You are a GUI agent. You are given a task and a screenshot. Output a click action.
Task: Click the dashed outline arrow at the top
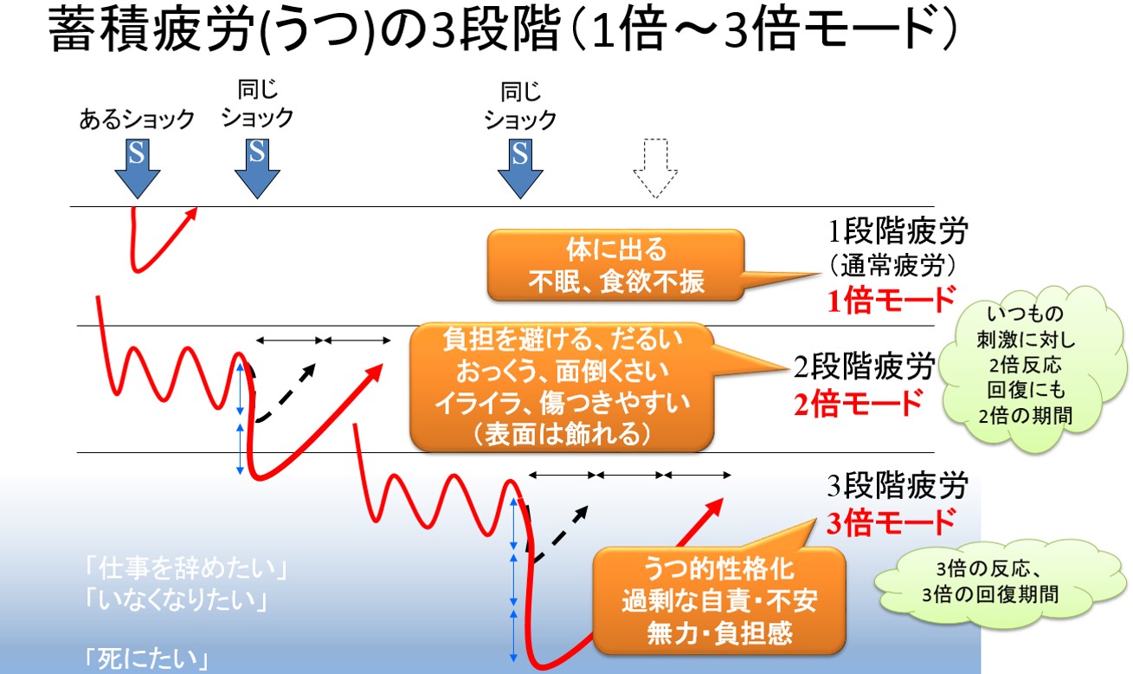coord(655,168)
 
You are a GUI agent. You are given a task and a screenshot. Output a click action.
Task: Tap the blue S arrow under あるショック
coord(137,169)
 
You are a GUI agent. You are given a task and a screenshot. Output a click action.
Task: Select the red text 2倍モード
coord(858,403)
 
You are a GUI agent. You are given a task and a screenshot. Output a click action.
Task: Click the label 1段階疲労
coord(898,231)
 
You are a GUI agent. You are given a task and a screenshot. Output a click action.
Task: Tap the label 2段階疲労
coord(864,366)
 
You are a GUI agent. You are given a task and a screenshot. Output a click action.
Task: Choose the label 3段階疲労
coord(898,485)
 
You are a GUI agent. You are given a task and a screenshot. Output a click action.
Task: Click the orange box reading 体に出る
coord(615,265)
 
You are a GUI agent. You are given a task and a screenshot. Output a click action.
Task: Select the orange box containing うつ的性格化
coord(718,600)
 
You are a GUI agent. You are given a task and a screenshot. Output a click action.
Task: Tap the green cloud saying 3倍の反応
coord(991,582)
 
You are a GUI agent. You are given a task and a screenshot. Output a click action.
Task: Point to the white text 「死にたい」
coord(146,658)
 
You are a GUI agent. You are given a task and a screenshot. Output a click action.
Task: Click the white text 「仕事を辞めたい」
coord(187,568)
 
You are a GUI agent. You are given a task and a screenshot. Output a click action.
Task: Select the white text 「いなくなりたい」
coord(176,600)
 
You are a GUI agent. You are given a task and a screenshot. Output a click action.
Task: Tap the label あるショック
coord(137,120)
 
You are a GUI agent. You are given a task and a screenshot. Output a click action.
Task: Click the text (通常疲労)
coord(892,265)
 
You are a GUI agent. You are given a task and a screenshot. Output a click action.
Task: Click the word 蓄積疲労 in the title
coord(151,29)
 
